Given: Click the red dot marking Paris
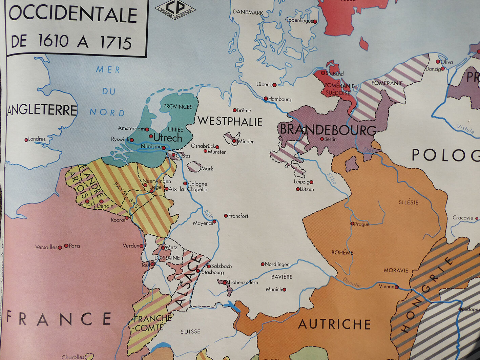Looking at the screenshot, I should pos(66,246).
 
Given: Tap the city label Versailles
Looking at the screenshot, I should pos(46,247).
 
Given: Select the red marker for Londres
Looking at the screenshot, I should pos(26,140).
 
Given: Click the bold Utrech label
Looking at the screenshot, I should pos(167,138).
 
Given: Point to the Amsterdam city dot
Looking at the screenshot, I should pos(147,129).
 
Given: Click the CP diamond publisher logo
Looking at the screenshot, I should pos(175,9).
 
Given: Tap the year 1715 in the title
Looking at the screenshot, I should pos(116,43).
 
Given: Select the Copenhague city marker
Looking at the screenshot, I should pos(315,21).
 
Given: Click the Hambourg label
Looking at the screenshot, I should pos(280,99).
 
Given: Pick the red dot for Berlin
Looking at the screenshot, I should pos(322,139).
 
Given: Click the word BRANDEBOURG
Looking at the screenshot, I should pos(328,130).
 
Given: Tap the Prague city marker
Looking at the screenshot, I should pos(352,224).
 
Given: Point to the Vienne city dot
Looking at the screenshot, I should pos(397,287).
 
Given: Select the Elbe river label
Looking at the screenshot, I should pos(332,178).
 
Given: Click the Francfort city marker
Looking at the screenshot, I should pos(226,216).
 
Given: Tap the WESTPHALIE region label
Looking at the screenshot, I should pos(230,121).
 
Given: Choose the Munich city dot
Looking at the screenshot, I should pos(284,290).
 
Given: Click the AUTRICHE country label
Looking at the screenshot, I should pos(334,324).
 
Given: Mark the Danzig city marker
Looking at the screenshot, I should pos(442,69).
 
